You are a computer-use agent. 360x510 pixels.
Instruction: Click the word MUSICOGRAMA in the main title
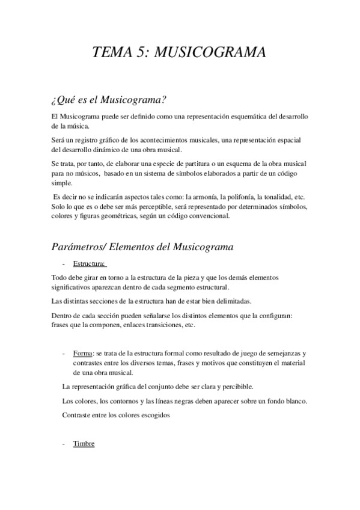click(210, 53)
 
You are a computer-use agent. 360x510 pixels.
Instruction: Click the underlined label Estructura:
click(90, 263)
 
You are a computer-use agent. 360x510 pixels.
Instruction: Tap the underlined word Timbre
click(84, 444)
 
